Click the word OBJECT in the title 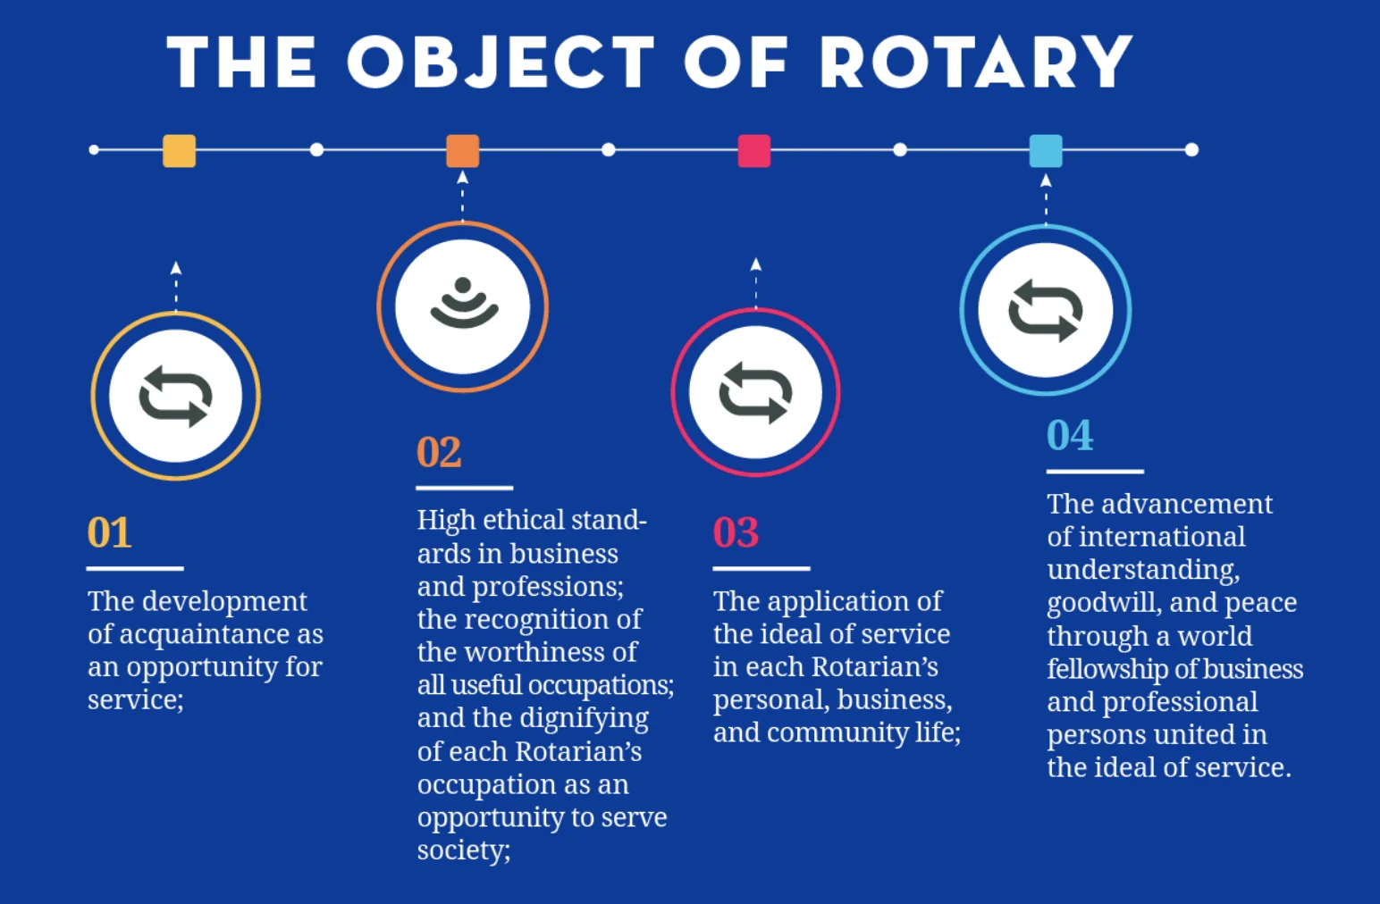click(501, 63)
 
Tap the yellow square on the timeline click(179, 151)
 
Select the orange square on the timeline click(462, 151)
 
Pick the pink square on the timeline click(754, 151)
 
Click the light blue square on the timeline click(1046, 151)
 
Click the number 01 click(109, 532)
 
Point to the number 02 click(439, 452)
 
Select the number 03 click(736, 532)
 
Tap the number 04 click(1070, 436)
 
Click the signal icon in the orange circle click(463, 305)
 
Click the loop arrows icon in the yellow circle click(175, 396)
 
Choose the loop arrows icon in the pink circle click(755, 392)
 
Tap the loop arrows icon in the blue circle click(1045, 310)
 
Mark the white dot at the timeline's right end click(1191, 150)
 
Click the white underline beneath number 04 click(1095, 471)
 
